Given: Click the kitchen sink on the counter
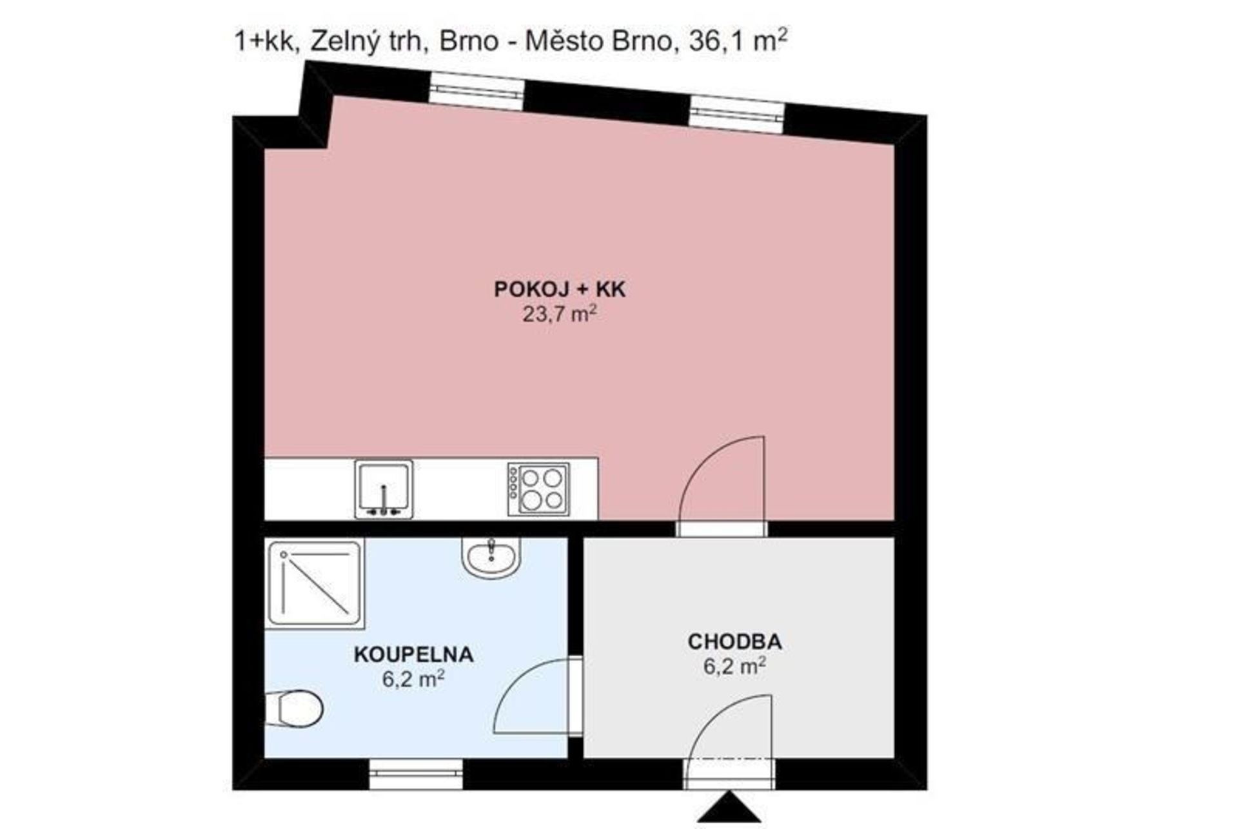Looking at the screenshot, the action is (x=384, y=489).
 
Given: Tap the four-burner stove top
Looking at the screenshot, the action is (x=538, y=489).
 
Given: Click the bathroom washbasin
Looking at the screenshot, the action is (x=491, y=558).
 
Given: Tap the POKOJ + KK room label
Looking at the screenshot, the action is (x=560, y=289).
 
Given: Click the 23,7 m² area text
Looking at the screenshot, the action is (x=559, y=314).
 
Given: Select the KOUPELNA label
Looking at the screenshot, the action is (x=414, y=654).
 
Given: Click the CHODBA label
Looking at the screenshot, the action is (x=735, y=641).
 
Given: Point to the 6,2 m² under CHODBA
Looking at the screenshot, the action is (x=734, y=665).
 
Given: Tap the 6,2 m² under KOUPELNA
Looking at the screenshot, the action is (x=413, y=678).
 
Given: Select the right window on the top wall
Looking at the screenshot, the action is (x=738, y=113).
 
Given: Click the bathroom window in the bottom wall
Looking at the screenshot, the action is (x=416, y=774).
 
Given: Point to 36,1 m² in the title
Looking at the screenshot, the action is (x=738, y=40).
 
